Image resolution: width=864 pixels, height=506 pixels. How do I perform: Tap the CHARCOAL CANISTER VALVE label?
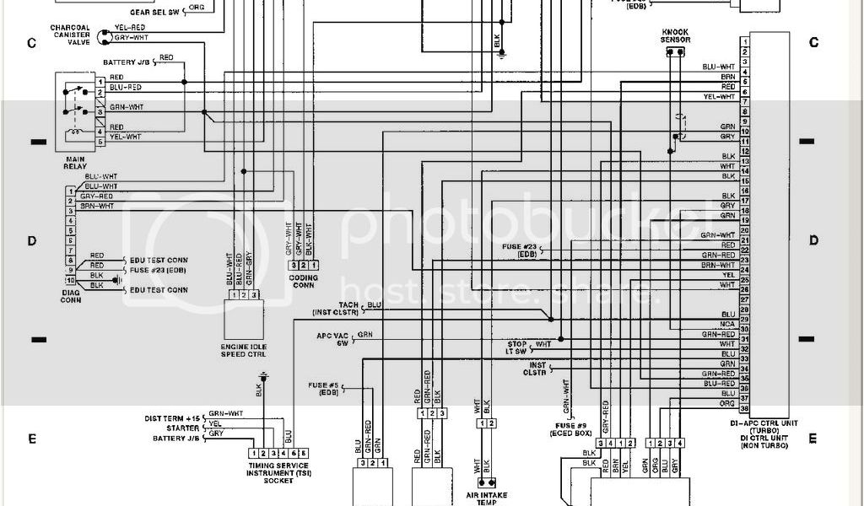point(71,35)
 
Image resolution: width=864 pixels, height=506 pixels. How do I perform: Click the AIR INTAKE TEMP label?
point(487,497)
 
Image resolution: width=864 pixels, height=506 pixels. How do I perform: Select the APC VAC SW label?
point(332,339)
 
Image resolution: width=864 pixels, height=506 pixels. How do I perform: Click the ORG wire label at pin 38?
point(727,403)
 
